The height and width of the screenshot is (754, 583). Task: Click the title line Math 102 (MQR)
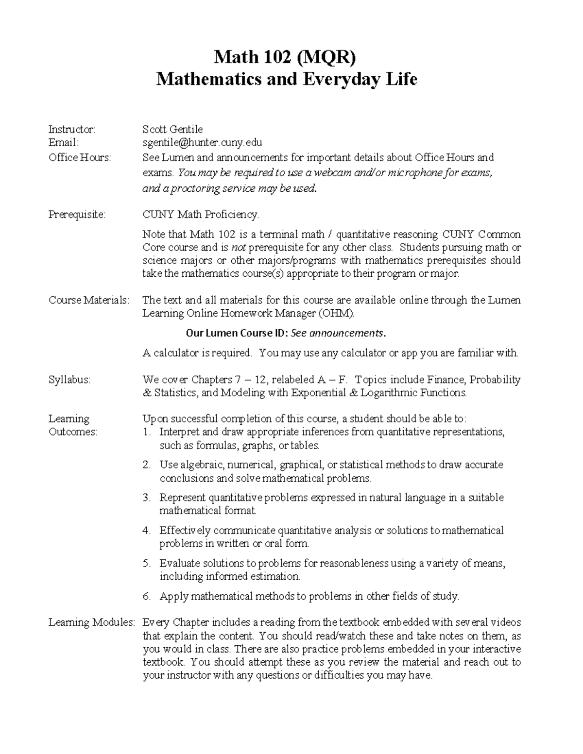coord(286,58)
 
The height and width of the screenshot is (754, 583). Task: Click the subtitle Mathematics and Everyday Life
coord(286,79)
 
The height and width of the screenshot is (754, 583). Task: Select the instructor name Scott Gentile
coord(172,129)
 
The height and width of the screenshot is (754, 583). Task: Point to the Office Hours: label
coord(80,157)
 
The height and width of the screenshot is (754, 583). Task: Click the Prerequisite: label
coord(77,214)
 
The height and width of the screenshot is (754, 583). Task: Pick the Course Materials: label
coord(89,300)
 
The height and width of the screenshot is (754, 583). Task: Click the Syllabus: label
coord(69,380)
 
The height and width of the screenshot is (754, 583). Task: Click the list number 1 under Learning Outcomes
coord(147,432)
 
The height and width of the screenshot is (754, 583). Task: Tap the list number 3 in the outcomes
coord(147,498)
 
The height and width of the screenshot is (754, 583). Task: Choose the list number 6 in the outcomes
coord(147,596)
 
